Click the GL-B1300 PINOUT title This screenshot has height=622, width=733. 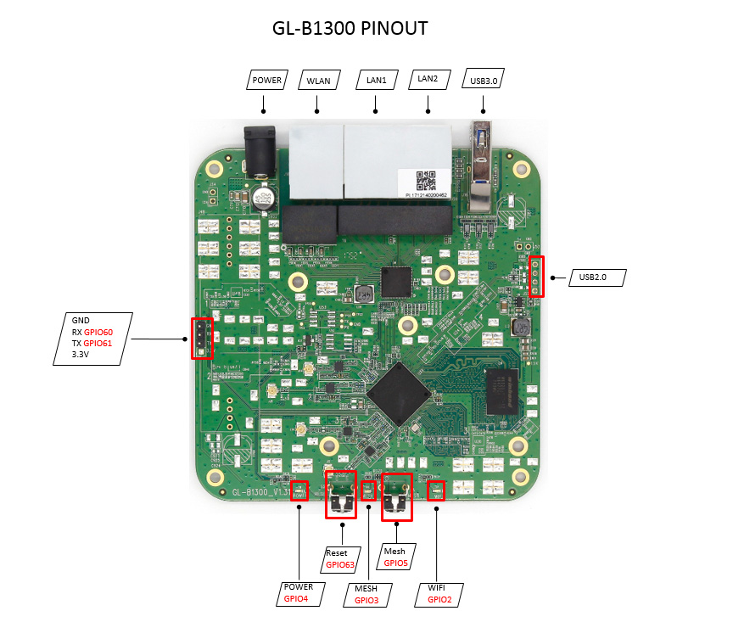(x=350, y=28)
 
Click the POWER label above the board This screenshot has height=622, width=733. (x=266, y=81)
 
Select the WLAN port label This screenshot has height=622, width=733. (x=318, y=81)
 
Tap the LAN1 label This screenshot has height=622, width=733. (x=376, y=80)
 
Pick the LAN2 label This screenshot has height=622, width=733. (x=428, y=79)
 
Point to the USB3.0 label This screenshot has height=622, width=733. (x=483, y=81)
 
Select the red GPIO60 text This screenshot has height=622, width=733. (x=98, y=332)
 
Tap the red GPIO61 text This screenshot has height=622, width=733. (x=98, y=343)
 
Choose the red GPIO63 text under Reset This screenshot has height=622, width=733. (x=340, y=564)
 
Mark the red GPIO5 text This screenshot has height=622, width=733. (x=396, y=563)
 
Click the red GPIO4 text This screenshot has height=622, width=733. (x=298, y=598)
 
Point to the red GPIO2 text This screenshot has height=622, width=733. (x=439, y=599)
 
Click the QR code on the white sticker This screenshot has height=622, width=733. (x=426, y=180)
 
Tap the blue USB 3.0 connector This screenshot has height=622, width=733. (x=482, y=161)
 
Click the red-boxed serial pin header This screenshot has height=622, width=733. (x=202, y=339)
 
